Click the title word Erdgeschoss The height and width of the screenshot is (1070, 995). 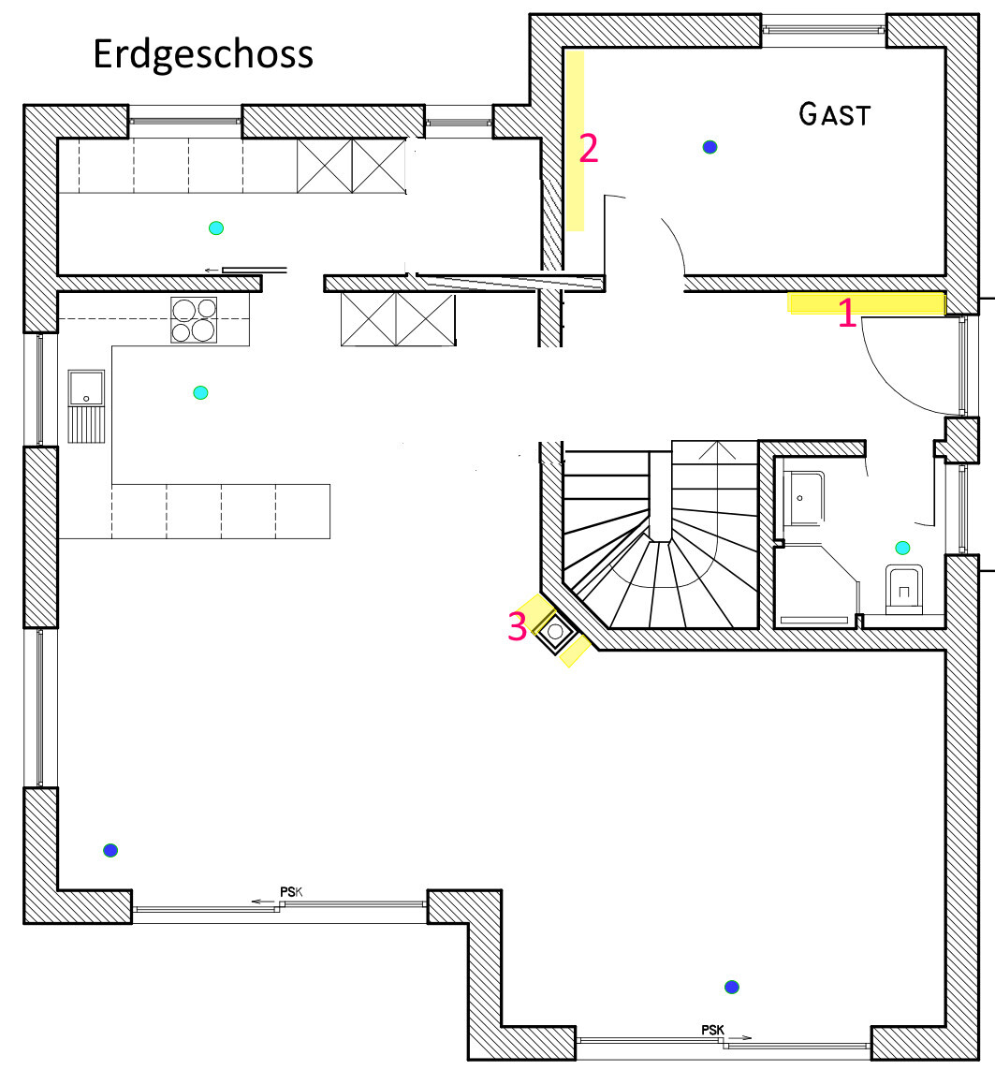(203, 54)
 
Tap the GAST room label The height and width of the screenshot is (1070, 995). (835, 114)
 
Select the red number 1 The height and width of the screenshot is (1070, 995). (846, 314)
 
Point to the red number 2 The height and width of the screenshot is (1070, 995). (588, 149)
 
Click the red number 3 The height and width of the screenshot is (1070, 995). (517, 626)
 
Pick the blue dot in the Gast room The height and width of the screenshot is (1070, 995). (710, 146)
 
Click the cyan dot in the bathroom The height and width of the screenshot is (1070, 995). (902, 548)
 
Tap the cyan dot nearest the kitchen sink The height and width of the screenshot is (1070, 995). (199, 392)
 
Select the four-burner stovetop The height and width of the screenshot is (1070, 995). (194, 319)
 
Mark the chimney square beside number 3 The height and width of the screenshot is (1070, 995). (556, 632)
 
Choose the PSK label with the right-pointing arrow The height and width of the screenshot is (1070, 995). (713, 1031)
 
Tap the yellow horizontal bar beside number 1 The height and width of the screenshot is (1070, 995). (866, 301)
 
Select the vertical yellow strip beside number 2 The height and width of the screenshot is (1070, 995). (575, 140)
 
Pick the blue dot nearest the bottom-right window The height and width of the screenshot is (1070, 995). (732, 987)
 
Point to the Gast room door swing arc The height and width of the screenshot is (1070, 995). (674, 240)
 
